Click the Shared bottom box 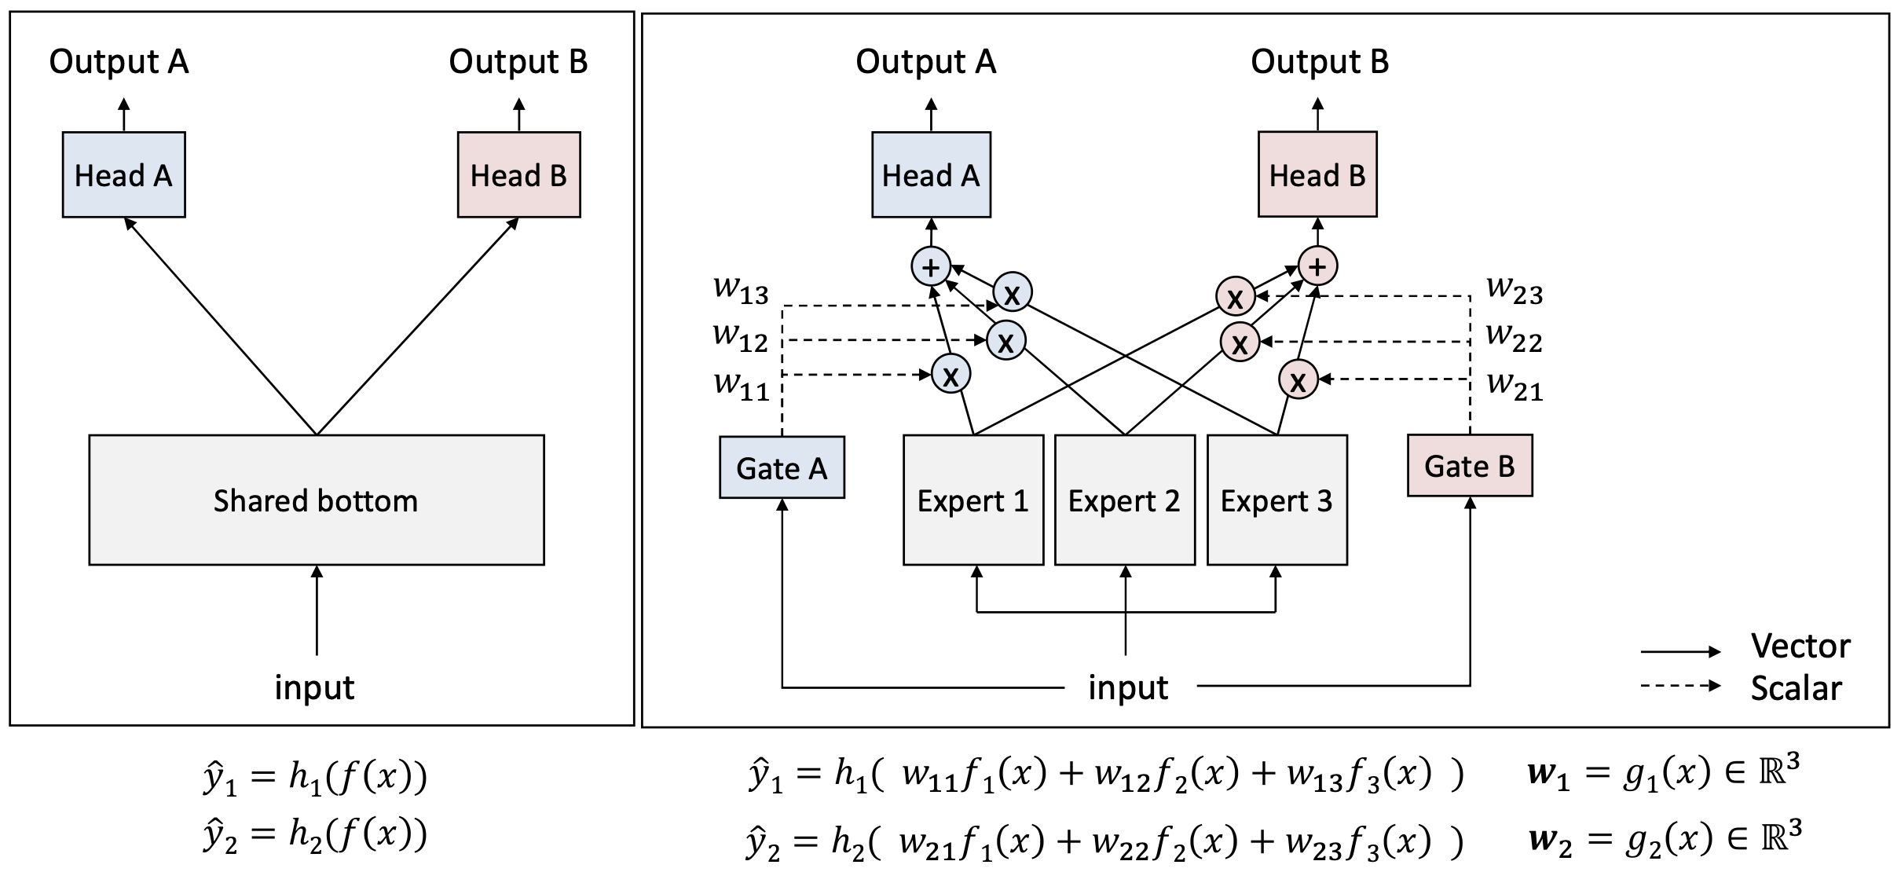[x=316, y=500]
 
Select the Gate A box [x=782, y=468]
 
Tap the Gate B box [x=1469, y=466]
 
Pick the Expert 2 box [x=1124, y=500]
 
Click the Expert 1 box [x=972, y=500]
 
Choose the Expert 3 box [x=1276, y=500]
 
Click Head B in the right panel [x=1317, y=174]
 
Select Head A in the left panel [x=123, y=174]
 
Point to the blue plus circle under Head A [x=931, y=268]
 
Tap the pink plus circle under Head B [x=1317, y=266]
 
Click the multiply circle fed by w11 [x=950, y=375]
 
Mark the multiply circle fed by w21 [x=1298, y=380]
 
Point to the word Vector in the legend [x=1800, y=646]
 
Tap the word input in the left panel [x=314, y=687]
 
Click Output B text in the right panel [x=1320, y=61]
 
